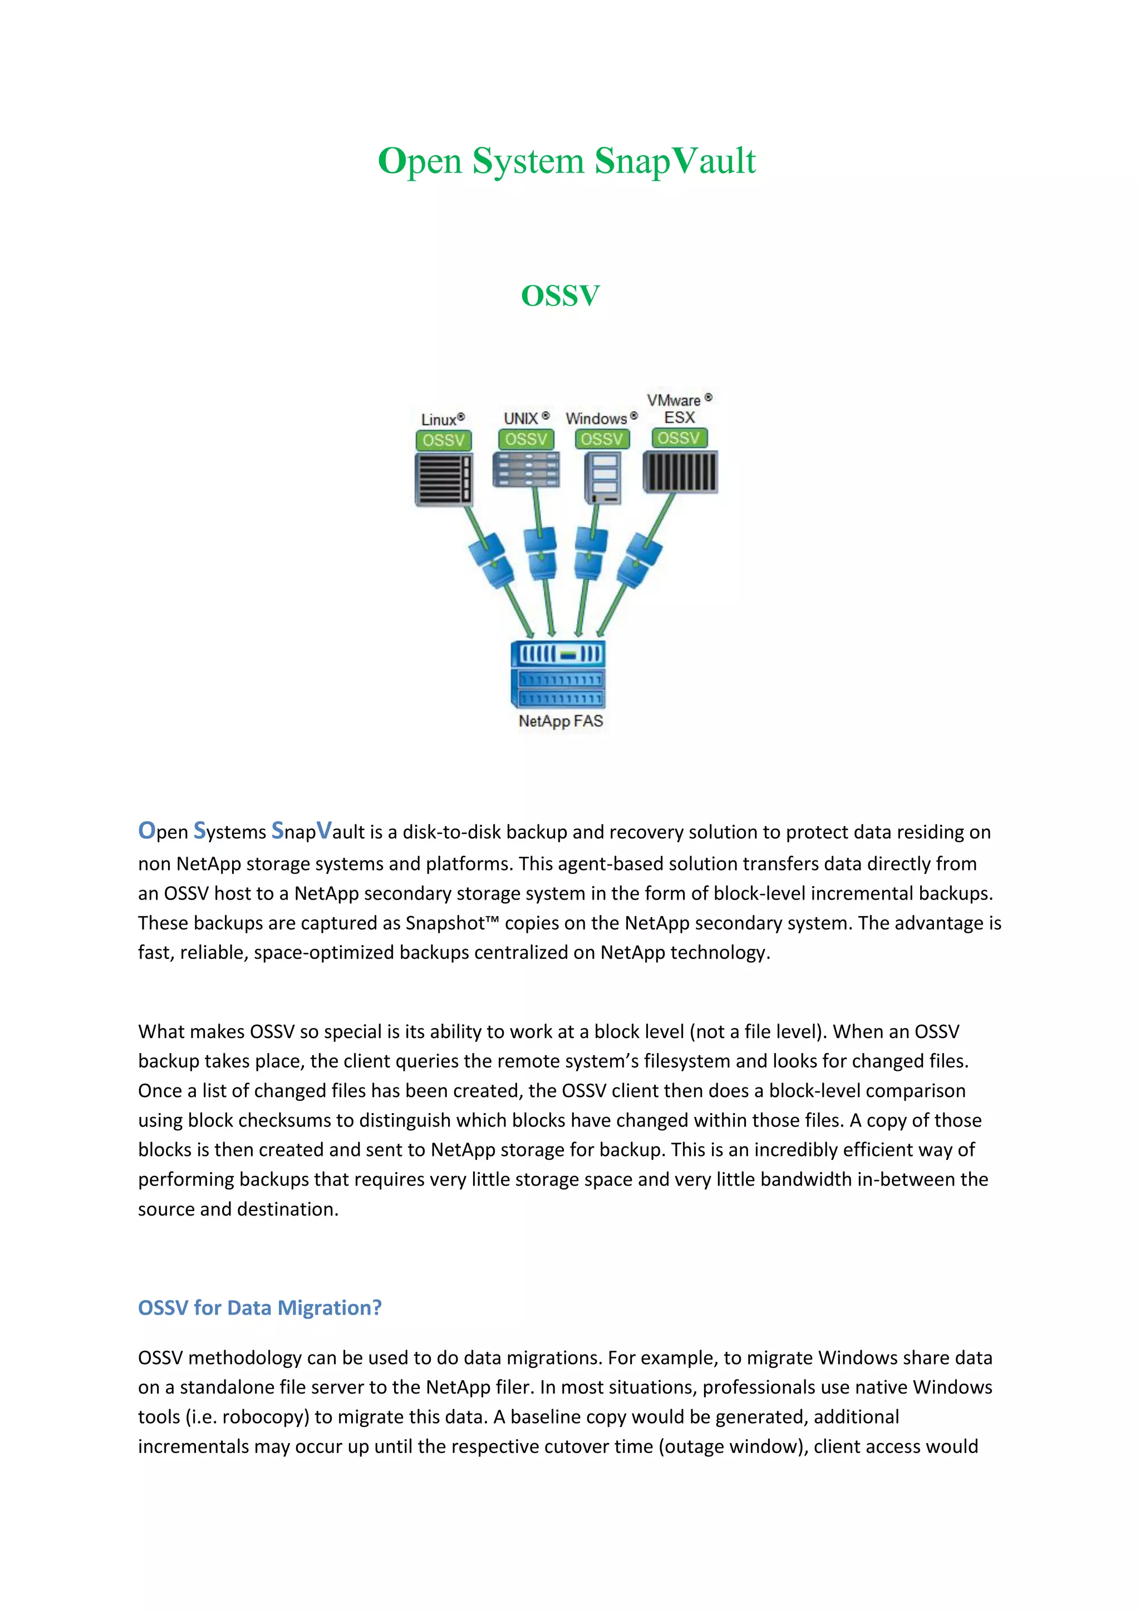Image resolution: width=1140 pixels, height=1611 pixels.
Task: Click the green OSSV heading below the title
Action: pos(560,295)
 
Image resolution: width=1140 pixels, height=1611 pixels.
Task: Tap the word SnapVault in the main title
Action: pos(675,161)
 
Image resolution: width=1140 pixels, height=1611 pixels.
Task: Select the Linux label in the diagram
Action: pos(441,419)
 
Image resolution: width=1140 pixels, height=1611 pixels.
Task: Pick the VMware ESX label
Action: pos(678,408)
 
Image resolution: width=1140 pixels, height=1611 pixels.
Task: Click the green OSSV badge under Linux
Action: pos(443,440)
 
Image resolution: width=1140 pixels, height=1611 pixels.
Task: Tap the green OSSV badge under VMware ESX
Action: pos(679,438)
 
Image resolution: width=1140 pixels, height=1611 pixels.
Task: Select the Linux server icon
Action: pos(444,479)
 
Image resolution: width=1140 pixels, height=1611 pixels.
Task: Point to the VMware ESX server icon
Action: pos(680,472)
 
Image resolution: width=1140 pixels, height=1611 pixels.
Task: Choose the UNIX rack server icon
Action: pos(526,470)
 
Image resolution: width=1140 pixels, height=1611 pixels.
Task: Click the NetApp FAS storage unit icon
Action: pos(558,674)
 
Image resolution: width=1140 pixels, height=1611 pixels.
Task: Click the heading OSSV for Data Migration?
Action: pos(260,1307)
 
